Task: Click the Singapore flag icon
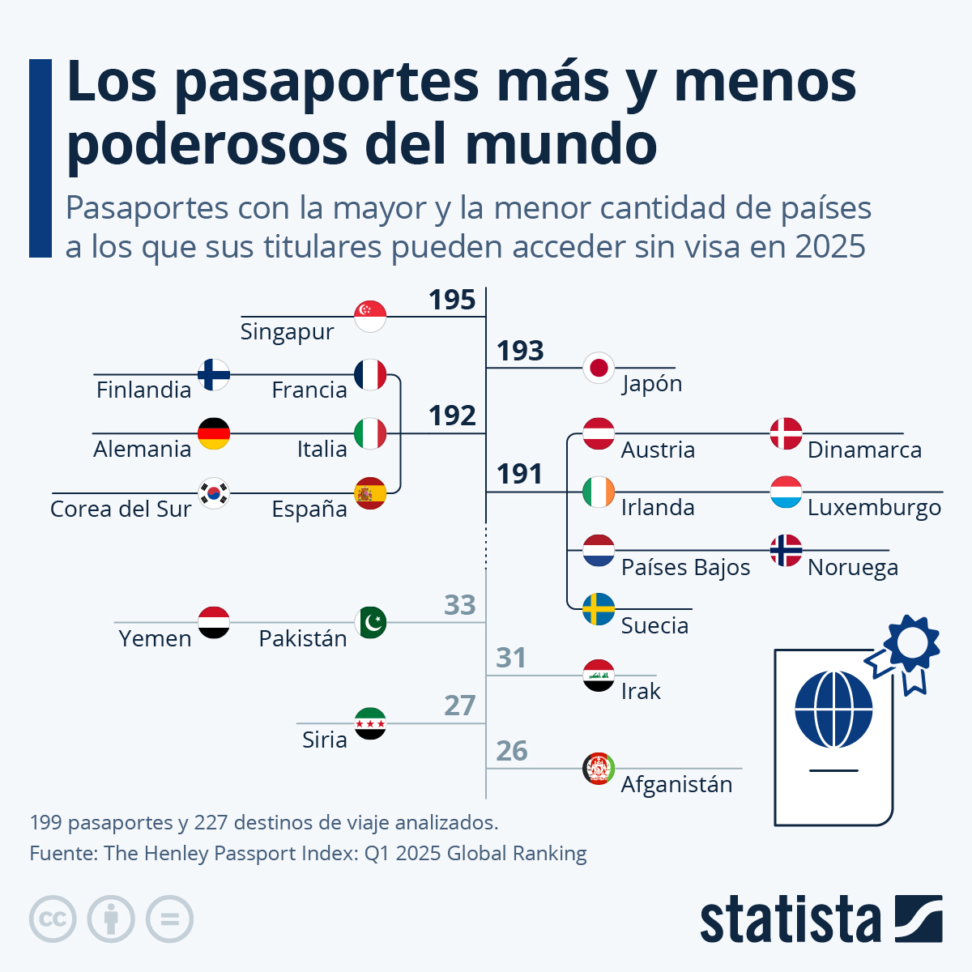click(x=370, y=316)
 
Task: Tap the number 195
click(x=452, y=300)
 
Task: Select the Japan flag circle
click(x=599, y=369)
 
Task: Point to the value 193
click(x=520, y=351)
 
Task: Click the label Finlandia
click(x=143, y=390)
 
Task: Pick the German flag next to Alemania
click(x=214, y=433)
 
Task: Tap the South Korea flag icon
click(x=214, y=492)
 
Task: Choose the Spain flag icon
click(x=370, y=492)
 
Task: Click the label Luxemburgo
click(x=874, y=508)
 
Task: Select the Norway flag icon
click(x=786, y=551)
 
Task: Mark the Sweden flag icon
click(x=599, y=609)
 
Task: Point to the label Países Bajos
click(x=685, y=567)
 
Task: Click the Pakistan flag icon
click(x=370, y=622)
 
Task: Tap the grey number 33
click(x=460, y=605)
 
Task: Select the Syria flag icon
click(x=370, y=723)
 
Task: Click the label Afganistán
click(x=676, y=784)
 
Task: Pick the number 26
click(x=512, y=751)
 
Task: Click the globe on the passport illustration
click(x=833, y=710)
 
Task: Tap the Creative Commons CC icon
click(x=53, y=919)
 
